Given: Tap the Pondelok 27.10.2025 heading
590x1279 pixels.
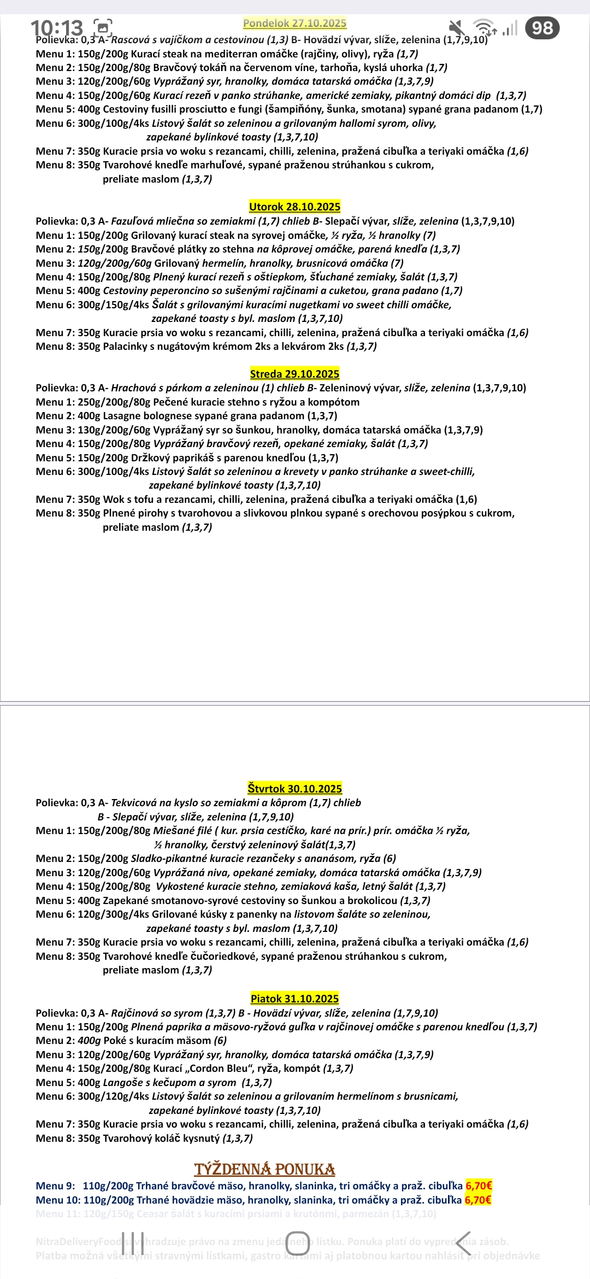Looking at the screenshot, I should pyautogui.click(x=294, y=23).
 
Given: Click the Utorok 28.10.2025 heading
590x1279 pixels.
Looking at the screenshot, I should pyautogui.click(x=294, y=207).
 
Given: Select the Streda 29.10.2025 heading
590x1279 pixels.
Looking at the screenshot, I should pyautogui.click(x=294, y=374).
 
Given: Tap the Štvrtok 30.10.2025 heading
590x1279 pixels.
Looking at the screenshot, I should pyautogui.click(x=294, y=788).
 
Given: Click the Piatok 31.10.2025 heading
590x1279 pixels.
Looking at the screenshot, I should pyautogui.click(x=294, y=999).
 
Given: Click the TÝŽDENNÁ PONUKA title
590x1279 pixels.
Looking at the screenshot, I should pyautogui.click(x=264, y=1169).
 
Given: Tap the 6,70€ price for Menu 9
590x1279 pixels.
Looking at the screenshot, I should pyautogui.click(x=479, y=1186).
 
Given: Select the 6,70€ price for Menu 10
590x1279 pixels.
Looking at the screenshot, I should pyautogui.click(x=478, y=1200).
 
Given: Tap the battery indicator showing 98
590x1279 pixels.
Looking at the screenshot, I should pyautogui.click(x=542, y=28).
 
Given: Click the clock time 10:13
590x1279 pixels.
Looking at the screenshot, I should pyautogui.click(x=57, y=27).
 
